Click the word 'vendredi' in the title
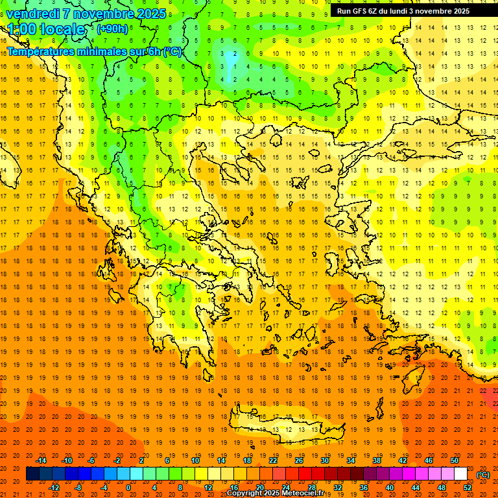click(x=32, y=13)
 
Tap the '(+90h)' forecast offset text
click(x=112, y=29)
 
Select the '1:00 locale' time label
click(x=46, y=29)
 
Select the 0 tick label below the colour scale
click(x=128, y=488)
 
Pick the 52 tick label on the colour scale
click(x=468, y=488)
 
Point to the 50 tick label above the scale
click(x=455, y=460)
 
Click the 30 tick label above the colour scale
click(x=325, y=460)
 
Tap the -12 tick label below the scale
click(x=54, y=488)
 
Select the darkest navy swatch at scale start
click(x=32, y=474)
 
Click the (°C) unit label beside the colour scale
click(x=483, y=475)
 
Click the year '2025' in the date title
click(x=150, y=13)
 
